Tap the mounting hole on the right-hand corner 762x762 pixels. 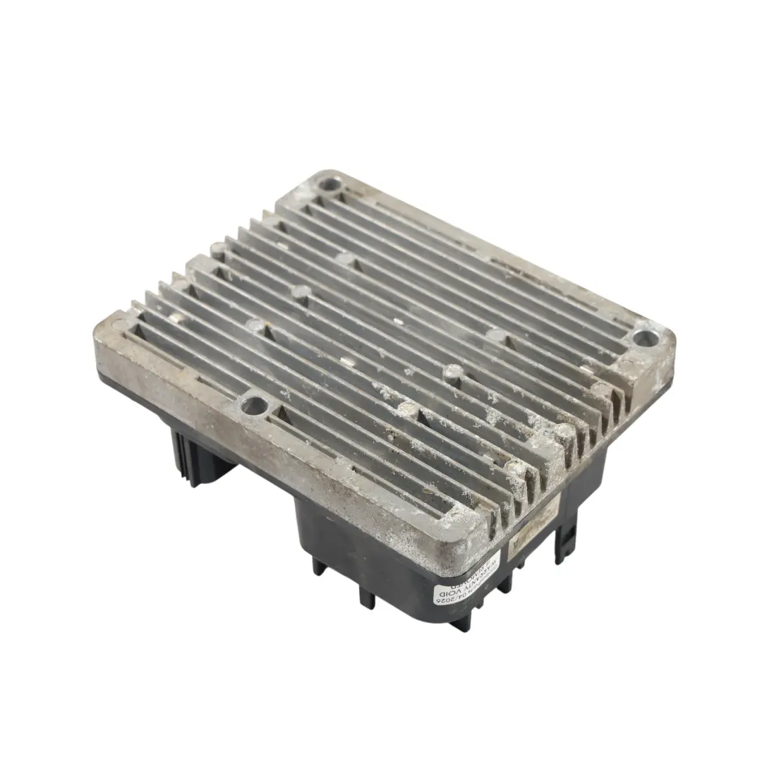(643, 339)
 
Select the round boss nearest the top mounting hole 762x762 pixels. (345, 260)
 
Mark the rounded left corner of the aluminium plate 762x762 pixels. (103, 339)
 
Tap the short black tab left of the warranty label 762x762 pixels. (366, 596)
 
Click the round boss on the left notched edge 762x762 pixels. (219, 248)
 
